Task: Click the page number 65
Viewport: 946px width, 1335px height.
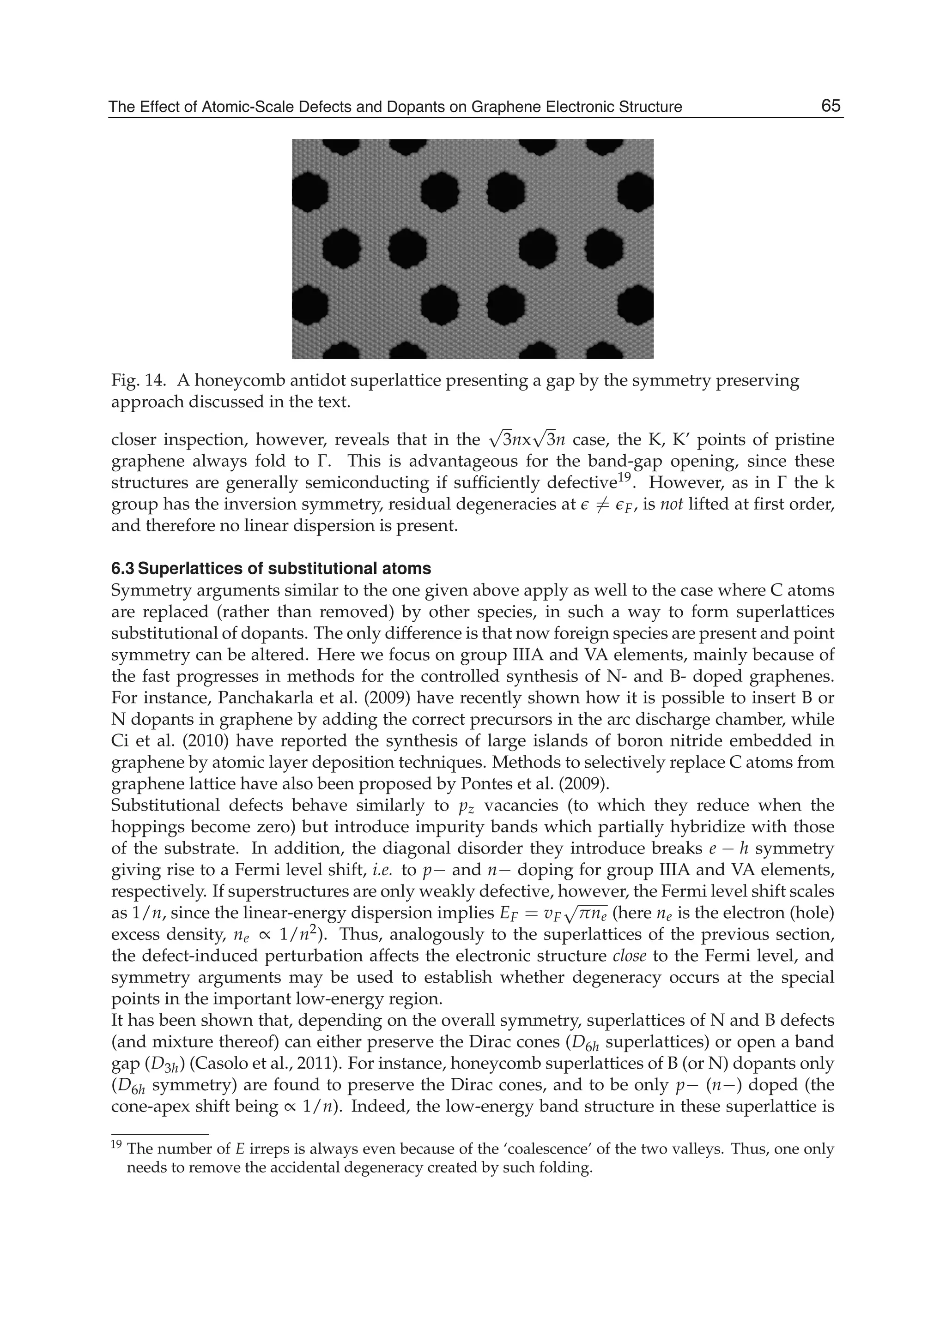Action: click(x=831, y=106)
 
